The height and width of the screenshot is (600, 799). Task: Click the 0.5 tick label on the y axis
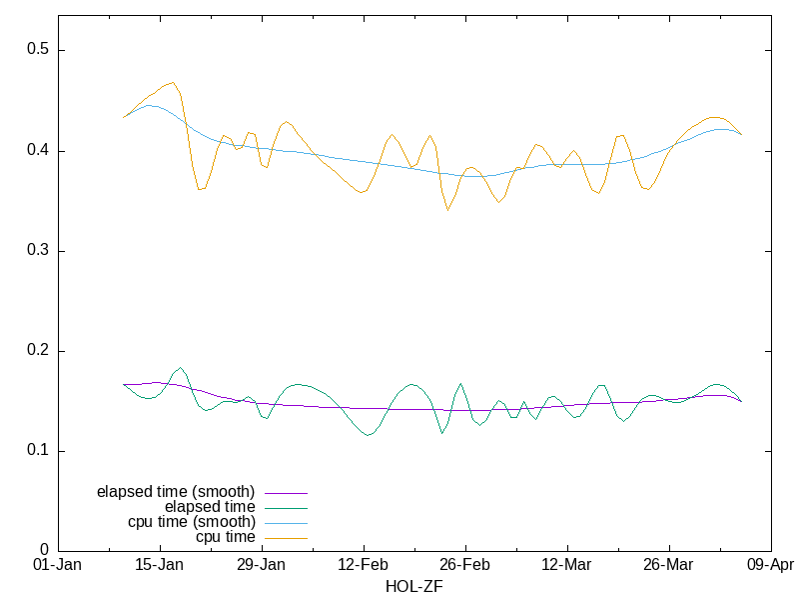click(37, 51)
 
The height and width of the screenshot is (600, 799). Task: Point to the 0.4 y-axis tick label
click(37, 151)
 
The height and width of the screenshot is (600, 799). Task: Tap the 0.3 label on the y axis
click(37, 251)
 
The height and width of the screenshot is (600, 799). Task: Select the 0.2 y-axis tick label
click(37, 351)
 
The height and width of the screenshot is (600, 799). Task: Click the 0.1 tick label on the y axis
click(37, 451)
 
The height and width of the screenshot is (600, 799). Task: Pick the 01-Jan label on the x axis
click(58, 565)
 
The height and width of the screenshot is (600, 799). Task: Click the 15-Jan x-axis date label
click(160, 565)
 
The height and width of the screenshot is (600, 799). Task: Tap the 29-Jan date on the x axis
click(262, 565)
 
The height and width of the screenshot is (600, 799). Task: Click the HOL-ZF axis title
click(413, 587)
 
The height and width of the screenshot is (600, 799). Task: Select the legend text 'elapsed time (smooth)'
click(176, 492)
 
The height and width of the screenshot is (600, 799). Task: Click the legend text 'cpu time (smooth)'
click(192, 522)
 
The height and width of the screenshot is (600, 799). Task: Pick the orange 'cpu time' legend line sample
click(285, 538)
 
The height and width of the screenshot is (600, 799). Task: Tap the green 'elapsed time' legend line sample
click(285, 508)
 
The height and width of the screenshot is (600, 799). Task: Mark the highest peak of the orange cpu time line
click(173, 82)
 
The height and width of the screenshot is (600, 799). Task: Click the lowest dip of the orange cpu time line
click(448, 210)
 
